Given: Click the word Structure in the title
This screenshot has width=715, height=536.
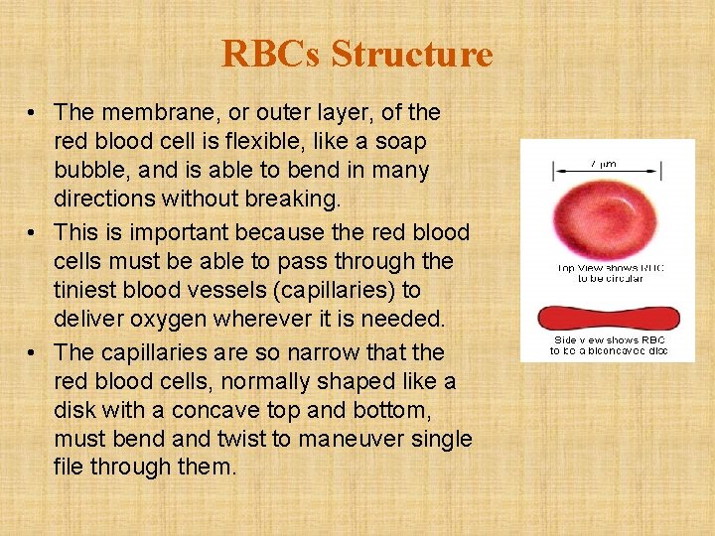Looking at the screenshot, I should (x=412, y=54).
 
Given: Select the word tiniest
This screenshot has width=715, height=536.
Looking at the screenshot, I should (x=87, y=290).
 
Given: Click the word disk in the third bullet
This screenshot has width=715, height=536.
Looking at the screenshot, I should (x=75, y=409).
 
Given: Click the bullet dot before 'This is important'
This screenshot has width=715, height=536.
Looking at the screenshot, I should (x=34, y=233).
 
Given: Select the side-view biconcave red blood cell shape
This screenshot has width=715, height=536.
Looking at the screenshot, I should (x=608, y=319).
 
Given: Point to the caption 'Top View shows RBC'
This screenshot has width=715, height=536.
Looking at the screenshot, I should (x=608, y=267).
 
